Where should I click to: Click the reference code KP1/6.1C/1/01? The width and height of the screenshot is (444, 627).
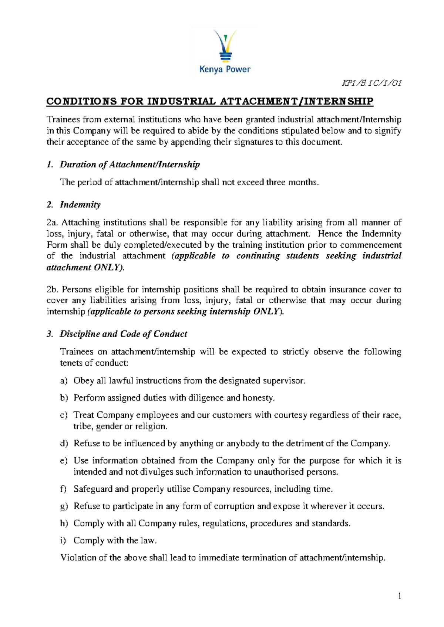(372, 83)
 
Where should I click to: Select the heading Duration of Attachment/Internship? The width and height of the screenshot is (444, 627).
(129, 165)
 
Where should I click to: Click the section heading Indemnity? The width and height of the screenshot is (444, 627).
(80, 205)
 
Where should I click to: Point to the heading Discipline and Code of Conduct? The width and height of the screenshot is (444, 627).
(123, 334)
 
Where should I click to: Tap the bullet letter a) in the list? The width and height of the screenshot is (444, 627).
(64, 381)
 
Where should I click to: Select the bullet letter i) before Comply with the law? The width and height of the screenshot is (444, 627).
(63, 540)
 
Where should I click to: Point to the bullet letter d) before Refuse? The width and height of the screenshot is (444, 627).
(64, 443)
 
